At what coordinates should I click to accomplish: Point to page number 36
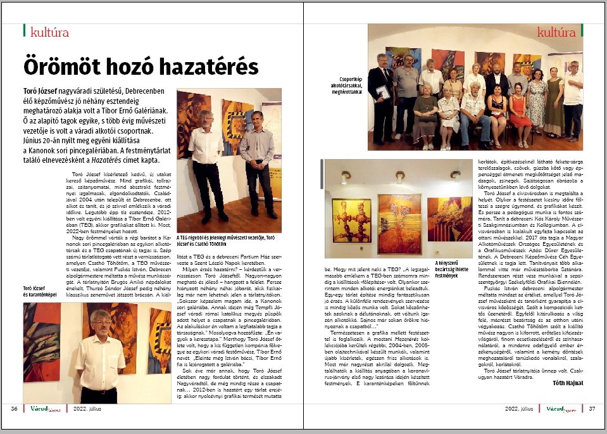14,409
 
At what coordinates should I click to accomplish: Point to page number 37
592,409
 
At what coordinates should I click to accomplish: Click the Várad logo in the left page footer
44,409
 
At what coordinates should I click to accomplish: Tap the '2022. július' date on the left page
87,409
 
